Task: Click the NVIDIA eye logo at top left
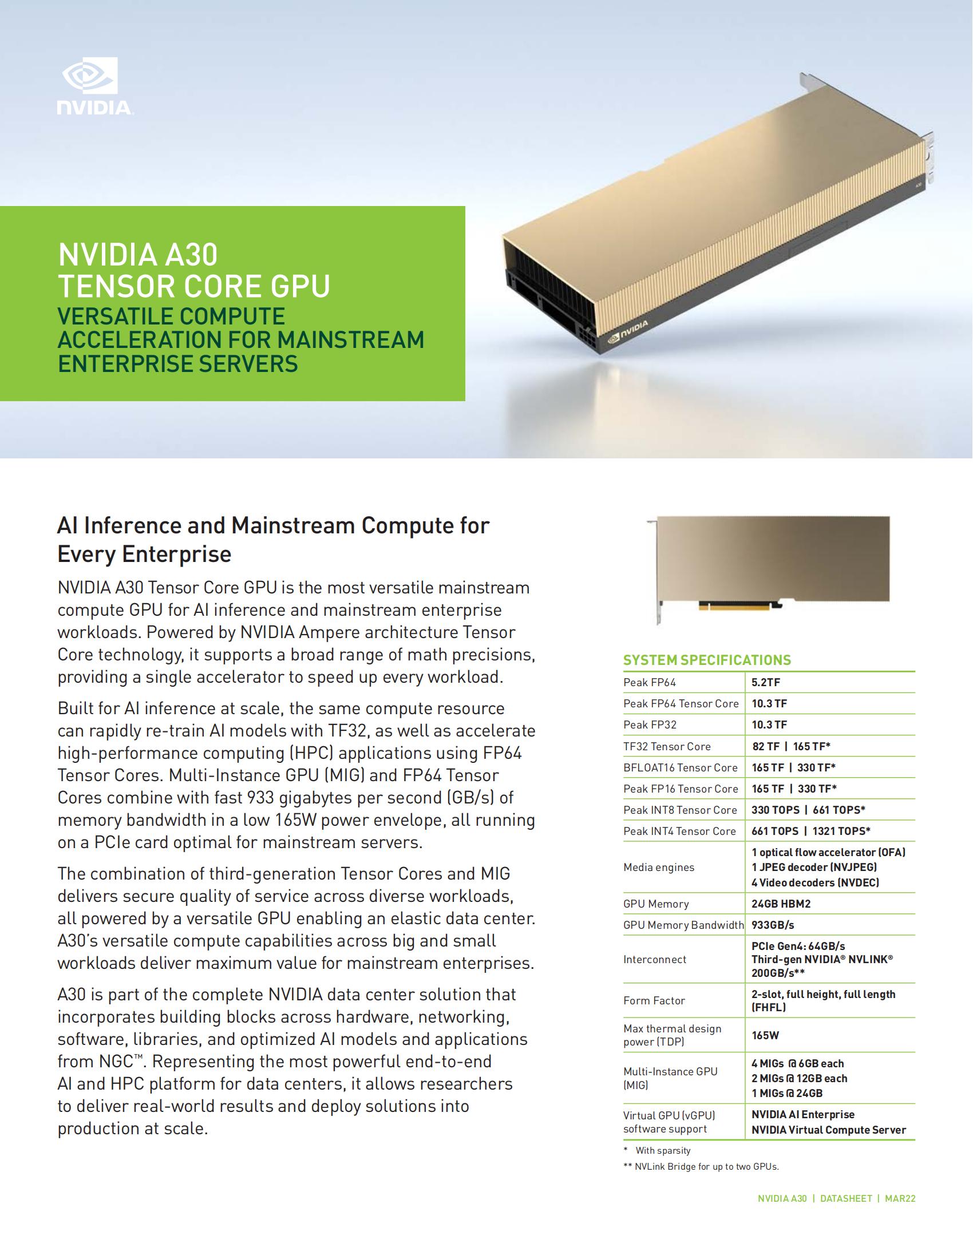tap(90, 76)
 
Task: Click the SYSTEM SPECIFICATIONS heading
tap(707, 660)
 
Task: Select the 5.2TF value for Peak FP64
tap(765, 683)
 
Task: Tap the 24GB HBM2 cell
tap(781, 904)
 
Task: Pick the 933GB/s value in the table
tap(773, 925)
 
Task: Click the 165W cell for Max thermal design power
tap(765, 1035)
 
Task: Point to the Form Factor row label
tap(654, 1001)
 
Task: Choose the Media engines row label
tap(658, 868)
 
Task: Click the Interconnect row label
tap(654, 959)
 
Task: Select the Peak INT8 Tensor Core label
tap(679, 810)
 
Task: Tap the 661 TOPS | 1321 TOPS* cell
tap(810, 832)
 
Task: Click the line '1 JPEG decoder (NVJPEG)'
tap(814, 867)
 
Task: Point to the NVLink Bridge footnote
tap(701, 1167)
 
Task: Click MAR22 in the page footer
tap(900, 1198)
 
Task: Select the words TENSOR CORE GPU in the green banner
tap(193, 286)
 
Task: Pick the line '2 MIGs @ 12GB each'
tap(799, 1079)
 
